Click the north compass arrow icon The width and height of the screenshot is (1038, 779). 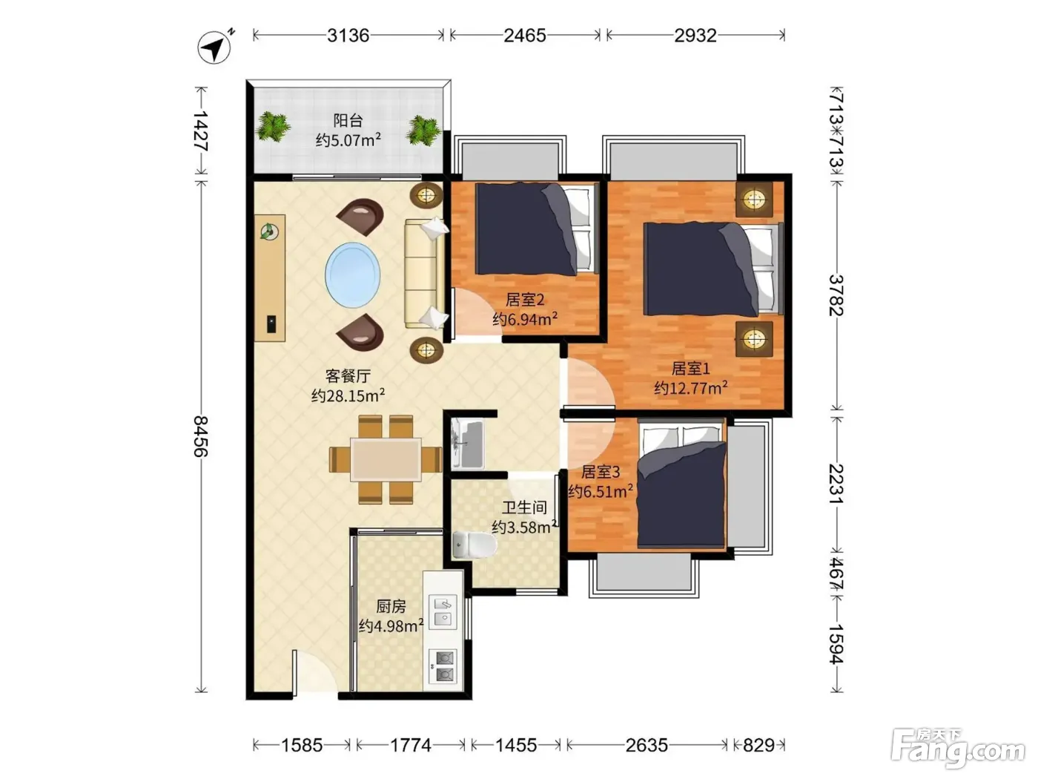coord(214,46)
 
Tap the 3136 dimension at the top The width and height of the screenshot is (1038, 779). coord(348,36)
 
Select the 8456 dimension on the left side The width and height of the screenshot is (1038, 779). coord(201,435)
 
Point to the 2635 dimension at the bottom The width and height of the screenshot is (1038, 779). coord(647,746)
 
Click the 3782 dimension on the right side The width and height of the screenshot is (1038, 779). coord(836,295)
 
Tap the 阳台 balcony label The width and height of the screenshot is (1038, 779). coord(348,120)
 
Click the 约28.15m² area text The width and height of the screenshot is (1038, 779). coord(348,395)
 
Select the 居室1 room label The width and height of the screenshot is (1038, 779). coord(690,368)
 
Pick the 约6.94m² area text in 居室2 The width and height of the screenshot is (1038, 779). coord(525,319)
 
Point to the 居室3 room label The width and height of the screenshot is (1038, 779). coord(600,472)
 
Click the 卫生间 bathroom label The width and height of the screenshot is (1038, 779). coord(524,507)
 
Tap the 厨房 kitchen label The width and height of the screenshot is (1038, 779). coord(391,606)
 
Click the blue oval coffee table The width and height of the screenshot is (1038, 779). coord(352,275)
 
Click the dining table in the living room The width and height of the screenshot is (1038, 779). coord(386,459)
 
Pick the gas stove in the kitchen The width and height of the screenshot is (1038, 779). coord(443,666)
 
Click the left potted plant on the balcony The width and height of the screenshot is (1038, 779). coord(272,126)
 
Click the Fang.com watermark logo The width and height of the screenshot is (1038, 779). coord(957,749)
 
